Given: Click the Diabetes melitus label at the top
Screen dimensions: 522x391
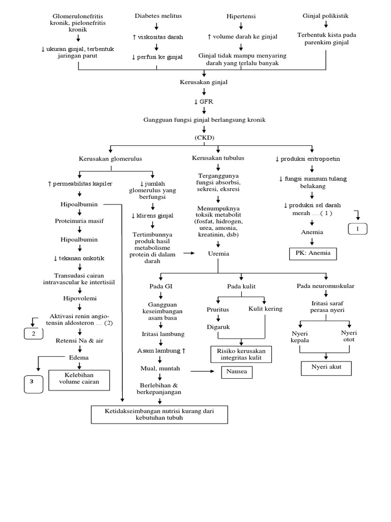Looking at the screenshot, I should pos(158,16).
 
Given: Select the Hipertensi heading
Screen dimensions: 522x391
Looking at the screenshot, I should pos(241,16).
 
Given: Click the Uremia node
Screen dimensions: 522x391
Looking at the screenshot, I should pos(218,253).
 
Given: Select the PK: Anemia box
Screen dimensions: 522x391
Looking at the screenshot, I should pos(313,253).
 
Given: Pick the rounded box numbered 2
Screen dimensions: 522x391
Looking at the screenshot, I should pos(34,333).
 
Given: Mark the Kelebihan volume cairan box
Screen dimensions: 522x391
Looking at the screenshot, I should pos(79,380).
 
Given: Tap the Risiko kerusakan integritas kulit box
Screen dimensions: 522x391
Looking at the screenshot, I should pos(241,354).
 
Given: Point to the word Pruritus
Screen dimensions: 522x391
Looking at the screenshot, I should pos(217,309).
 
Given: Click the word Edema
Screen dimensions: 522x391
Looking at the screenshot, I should pos(79,357).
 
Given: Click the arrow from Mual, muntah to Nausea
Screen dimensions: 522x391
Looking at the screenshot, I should pos(201,372).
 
